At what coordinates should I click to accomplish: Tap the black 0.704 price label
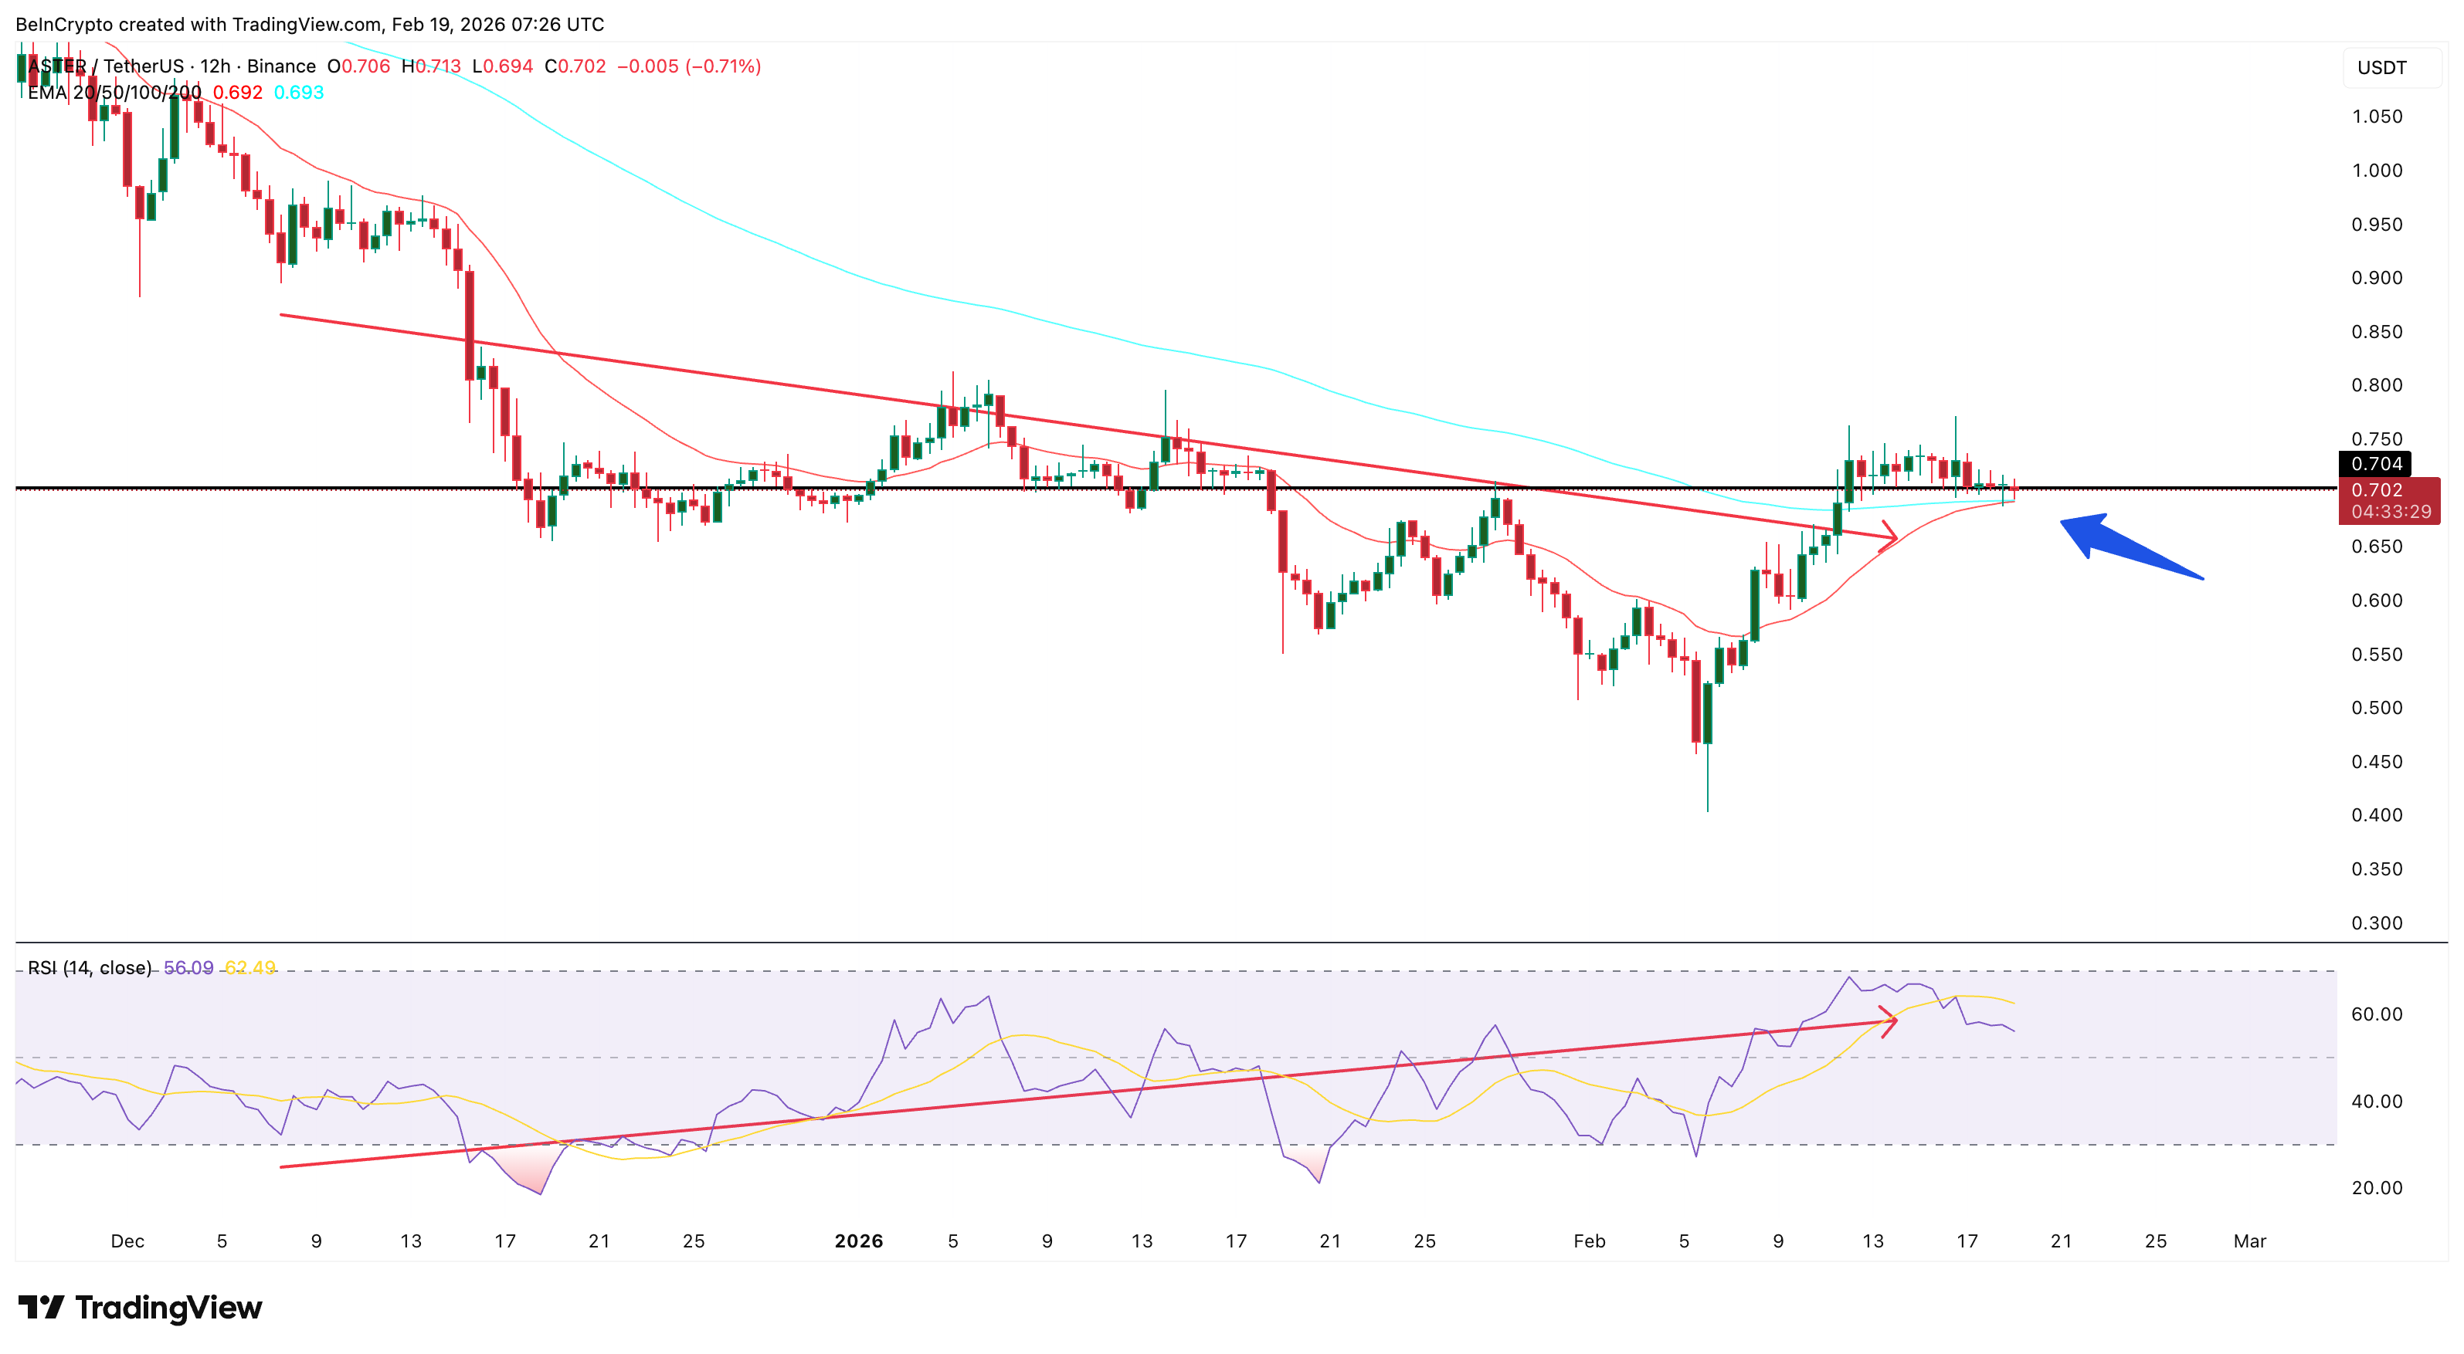point(2376,464)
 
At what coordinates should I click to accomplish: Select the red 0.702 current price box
point(2388,500)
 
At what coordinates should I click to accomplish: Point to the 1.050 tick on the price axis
point(2376,117)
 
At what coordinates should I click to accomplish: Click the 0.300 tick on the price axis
point(2376,922)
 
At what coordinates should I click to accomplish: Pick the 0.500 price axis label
point(2376,708)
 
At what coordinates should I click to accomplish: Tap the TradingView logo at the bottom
point(140,1307)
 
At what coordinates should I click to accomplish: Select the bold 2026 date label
point(858,1241)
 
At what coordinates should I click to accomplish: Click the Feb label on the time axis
point(1589,1241)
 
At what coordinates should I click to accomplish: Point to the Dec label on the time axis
point(127,1241)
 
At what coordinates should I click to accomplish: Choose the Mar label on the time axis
point(2248,1241)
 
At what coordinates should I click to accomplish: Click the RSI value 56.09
point(188,968)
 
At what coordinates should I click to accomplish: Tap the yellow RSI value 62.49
point(249,968)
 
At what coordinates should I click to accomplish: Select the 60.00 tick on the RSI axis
point(2376,1014)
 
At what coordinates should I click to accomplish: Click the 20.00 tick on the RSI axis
point(2376,1187)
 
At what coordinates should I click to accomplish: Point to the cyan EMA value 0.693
point(298,93)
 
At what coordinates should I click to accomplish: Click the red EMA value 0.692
point(237,93)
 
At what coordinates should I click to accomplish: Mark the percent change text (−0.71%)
point(723,66)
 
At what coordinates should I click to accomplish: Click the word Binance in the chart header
point(281,66)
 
